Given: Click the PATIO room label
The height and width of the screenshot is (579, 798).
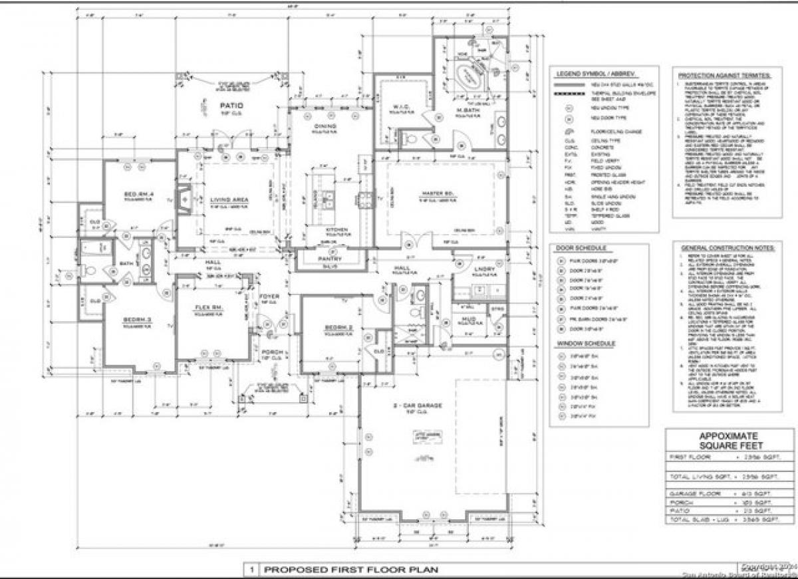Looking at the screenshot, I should pos(231,106).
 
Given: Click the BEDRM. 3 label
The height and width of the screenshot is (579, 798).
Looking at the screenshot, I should pos(138,320).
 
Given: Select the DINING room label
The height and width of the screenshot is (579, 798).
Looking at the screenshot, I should pos(326,126).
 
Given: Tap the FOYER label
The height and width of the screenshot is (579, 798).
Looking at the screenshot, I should pos(269,296).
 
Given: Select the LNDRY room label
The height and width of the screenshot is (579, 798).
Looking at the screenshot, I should pos(485,269).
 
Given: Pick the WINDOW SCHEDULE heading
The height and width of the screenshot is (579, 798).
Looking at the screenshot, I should pos(585,344).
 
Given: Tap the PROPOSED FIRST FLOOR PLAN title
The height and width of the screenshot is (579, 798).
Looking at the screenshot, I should pos(352,570).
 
